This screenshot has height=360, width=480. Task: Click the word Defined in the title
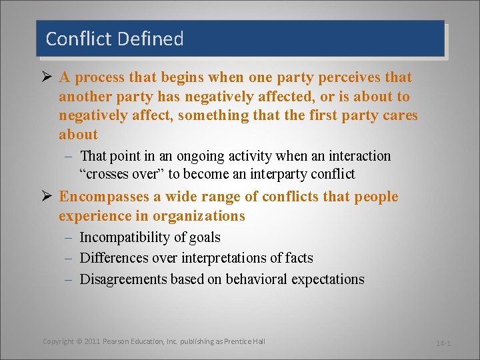coord(150,39)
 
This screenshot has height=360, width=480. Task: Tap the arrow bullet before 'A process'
coord(45,77)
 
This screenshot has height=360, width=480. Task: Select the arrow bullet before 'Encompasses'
coord(45,197)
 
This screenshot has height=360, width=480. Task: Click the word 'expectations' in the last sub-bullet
coord(328,279)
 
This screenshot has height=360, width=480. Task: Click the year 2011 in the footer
coord(92,341)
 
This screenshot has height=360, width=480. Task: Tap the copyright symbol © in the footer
coord(79,341)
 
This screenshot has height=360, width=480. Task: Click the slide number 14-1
coord(443,343)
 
